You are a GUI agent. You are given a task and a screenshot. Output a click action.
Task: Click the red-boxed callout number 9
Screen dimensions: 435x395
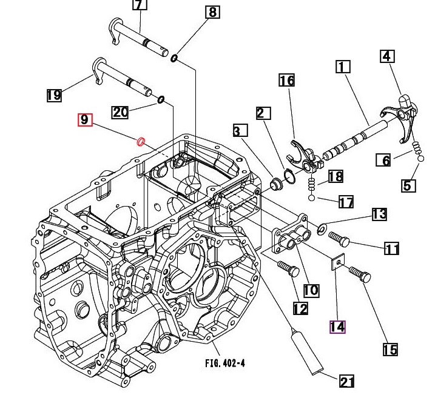pyautogui.click(x=85, y=120)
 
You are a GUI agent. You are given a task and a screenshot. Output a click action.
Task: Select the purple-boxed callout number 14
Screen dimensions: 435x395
pyautogui.click(x=337, y=327)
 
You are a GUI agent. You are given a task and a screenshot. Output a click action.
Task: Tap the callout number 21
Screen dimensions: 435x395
pyautogui.click(x=347, y=381)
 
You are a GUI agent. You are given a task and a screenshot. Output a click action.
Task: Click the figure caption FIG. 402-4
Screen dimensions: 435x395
pyautogui.click(x=225, y=363)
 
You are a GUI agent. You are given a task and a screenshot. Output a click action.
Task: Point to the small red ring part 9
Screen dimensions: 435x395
pyautogui.click(x=141, y=142)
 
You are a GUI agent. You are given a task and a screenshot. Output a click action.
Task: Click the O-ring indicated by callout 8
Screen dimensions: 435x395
pyautogui.click(x=174, y=58)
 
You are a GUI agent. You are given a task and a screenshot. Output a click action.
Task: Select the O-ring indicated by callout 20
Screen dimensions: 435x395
pyautogui.click(x=161, y=99)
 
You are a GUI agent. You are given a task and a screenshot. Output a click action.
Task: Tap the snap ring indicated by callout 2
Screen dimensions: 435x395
pyautogui.click(x=289, y=176)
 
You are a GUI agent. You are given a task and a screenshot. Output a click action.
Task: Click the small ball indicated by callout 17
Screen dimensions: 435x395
pyautogui.click(x=312, y=198)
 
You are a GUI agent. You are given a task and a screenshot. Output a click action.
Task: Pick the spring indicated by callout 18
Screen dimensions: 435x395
pyautogui.click(x=312, y=184)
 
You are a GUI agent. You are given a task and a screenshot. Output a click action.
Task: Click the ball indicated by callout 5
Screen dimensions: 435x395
pyautogui.click(x=421, y=159)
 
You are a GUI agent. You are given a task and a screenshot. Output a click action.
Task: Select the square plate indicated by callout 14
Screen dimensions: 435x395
pyautogui.click(x=338, y=261)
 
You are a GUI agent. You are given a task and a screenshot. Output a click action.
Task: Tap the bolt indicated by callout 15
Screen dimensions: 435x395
pyautogui.click(x=360, y=274)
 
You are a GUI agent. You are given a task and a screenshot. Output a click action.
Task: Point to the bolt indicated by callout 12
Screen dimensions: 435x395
pyautogui.click(x=289, y=268)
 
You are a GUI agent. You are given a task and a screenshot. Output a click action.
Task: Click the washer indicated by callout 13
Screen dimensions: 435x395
pyautogui.click(x=322, y=228)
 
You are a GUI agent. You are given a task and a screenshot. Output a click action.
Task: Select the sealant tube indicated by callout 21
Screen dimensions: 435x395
pyautogui.click(x=307, y=351)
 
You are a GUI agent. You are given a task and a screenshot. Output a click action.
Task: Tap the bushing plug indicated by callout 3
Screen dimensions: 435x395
pyautogui.click(x=276, y=184)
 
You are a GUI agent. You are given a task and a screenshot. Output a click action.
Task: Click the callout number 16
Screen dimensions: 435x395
pyautogui.click(x=287, y=81)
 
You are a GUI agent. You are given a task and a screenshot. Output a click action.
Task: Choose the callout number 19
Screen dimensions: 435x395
pyautogui.click(x=54, y=95)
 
